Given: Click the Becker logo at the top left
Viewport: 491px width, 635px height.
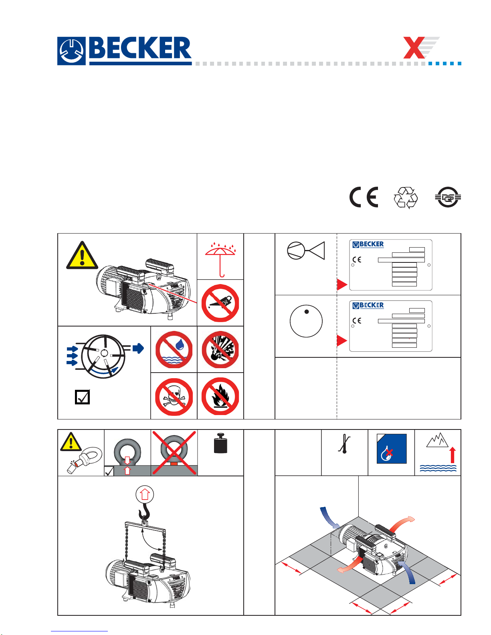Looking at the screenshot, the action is pyautogui.click(x=124, y=51).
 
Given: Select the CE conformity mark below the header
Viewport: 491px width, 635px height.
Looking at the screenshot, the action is pyautogui.click(x=364, y=197).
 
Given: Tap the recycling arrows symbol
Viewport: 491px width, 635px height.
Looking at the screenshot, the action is pyautogui.click(x=406, y=198).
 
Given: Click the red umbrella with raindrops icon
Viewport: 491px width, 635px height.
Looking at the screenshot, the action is pyautogui.click(x=220, y=259).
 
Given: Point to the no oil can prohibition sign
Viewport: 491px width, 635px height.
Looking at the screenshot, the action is pyautogui.click(x=220, y=303).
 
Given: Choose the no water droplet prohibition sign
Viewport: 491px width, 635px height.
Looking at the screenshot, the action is pyautogui.click(x=174, y=349).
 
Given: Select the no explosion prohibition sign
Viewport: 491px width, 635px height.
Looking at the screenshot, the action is pyautogui.click(x=220, y=349).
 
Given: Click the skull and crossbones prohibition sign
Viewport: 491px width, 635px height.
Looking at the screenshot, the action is pyautogui.click(x=174, y=397).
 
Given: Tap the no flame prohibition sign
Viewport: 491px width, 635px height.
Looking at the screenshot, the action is pyautogui.click(x=220, y=396).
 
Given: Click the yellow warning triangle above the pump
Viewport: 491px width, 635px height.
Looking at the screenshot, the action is pyautogui.click(x=82, y=255).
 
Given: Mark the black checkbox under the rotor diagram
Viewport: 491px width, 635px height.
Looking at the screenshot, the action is pyautogui.click(x=82, y=397).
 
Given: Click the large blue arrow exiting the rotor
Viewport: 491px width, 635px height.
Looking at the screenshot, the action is pyautogui.click(x=138, y=348).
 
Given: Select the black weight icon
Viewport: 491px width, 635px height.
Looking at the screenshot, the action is pyautogui.click(x=221, y=443).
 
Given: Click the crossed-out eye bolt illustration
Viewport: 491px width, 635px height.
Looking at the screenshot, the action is pyautogui.click(x=174, y=452).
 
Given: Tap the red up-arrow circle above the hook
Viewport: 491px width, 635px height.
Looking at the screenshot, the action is pyautogui.click(x=145, y=494).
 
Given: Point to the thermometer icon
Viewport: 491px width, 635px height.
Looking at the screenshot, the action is pyautogui.click(x=344, y=444).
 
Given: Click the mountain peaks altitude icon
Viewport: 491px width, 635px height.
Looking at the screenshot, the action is pyautogui.click(x=437, y=440).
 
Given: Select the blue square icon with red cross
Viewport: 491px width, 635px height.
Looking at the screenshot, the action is pyautogui.click(x=392, y=449).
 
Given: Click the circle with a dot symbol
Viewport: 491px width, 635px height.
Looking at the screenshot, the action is pyautogui.click(x=306, y=321).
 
